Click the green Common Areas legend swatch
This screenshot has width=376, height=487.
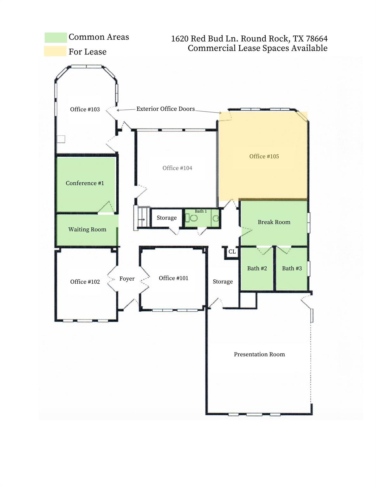[55, 37]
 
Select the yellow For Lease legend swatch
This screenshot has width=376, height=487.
[55, 51]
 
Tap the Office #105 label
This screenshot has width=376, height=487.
[264, 156]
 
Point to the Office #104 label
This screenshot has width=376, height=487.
[177, 168]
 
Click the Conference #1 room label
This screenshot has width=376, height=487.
[85, 183]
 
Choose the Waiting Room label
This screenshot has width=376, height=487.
[87, 230]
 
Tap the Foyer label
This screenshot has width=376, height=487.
[127, 279]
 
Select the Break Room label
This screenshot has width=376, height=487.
[274, 222]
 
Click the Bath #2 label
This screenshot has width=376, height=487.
[257, 269]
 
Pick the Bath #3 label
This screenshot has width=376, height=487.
[292, 269]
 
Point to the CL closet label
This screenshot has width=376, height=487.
[232, 252]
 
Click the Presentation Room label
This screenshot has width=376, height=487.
[259, 354]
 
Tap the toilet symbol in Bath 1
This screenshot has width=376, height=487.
[193, 218]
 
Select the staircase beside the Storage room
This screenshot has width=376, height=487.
[142, 218]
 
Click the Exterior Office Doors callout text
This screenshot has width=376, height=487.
[165, 109]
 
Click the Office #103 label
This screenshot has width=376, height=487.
[85, 109]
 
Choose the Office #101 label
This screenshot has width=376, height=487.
[173, 278]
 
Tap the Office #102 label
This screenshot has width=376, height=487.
[85, 282]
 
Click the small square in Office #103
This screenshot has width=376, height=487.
[61, 139]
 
